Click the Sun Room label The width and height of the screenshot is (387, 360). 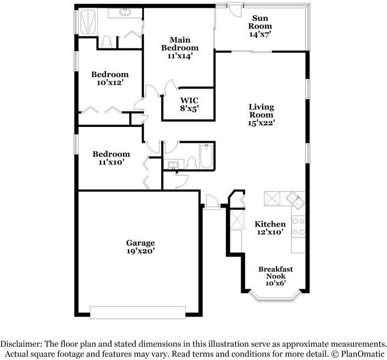pos(260,22)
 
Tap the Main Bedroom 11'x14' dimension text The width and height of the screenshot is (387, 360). pos(180,56)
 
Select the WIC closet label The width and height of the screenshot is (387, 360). pos(189,101)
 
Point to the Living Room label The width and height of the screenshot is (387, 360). pos(261,111)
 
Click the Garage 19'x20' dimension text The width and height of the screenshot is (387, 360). pos(140,251)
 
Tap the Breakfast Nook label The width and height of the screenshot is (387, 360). pos(276,273)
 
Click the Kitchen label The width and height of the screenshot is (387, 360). pos(270,224)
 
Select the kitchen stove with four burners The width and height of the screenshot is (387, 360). pos(298,227)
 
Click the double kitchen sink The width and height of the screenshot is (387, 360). pos(296,200)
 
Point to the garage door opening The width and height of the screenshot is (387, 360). pos(138,312)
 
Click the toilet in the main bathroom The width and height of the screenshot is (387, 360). pos(107,42)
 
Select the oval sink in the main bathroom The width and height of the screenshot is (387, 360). pos(125,12)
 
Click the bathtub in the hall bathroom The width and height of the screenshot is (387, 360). pos(206,156)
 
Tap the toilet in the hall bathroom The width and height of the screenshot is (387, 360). pos(191,163)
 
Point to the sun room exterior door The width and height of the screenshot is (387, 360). pos(235,10)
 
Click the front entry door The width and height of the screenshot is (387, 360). pos(212,202)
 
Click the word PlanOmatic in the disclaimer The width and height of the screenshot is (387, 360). pos(362,354)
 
